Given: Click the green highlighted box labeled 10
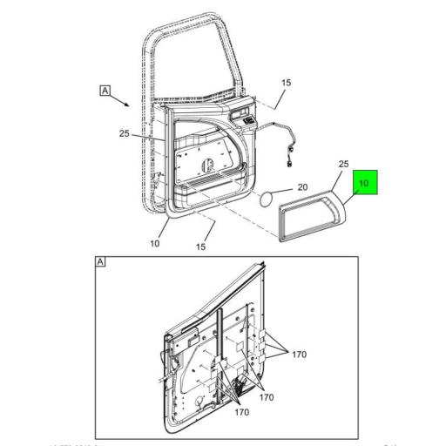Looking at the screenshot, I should coord(365,185).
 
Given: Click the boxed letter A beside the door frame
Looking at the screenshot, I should coord(105,91).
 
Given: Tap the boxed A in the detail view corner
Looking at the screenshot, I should coord(100,262).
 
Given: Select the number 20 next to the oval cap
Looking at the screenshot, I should coord(302,186).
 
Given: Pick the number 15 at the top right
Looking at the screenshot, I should coord(285,83).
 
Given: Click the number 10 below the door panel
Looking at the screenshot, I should coord(154,243).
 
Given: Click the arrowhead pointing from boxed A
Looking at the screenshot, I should coord(131,106).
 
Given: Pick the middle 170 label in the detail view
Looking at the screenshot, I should coord(266,397).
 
